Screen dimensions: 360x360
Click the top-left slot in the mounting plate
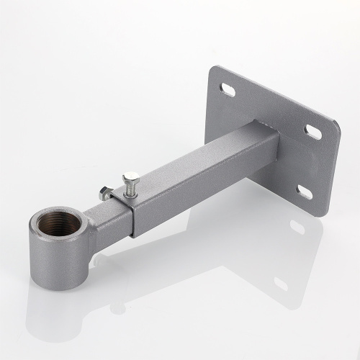226,89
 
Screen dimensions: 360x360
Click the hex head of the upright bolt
130,177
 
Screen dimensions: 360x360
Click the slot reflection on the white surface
297,228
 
